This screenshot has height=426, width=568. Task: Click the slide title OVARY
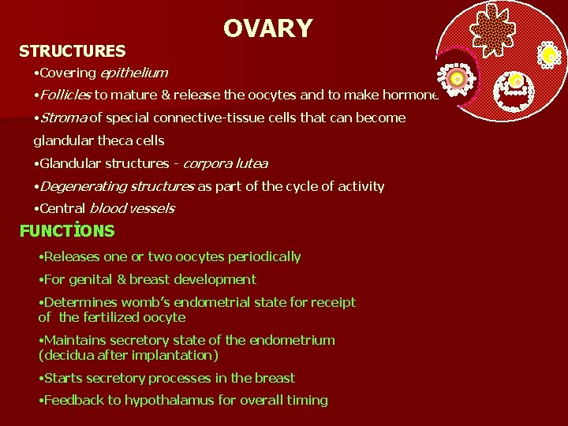tap(267, 28)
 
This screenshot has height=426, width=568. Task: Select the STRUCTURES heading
tap(72, 51)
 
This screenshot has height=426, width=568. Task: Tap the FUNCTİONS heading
tap(67, 231)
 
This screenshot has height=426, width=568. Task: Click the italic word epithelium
tap(133, 73)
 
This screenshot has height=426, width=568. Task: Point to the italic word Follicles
tap(62, 95)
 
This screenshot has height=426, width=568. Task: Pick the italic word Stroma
tap(62, 118)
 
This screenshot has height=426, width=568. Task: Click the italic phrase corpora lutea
tap(225, 163)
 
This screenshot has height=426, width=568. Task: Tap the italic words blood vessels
tap(132, 208)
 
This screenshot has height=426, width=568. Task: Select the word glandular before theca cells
tap(62, 140)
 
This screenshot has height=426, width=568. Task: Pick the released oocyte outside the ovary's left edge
tap(456, 78)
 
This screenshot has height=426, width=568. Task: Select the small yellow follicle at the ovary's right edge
tap(549, 54)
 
